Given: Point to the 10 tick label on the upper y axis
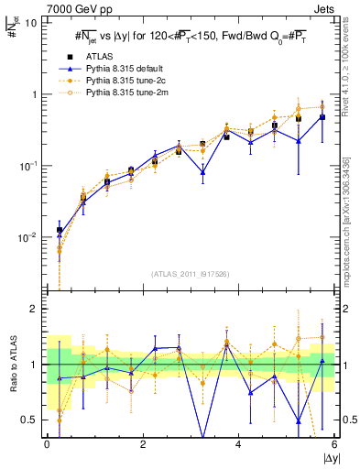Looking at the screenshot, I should click(31, 23).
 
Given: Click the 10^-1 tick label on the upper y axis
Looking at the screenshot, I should click(29, 166).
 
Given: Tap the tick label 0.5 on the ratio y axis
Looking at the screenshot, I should click(32, 420).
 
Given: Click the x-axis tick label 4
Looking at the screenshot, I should click(239, 444).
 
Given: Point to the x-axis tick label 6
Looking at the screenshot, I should click(334, 444).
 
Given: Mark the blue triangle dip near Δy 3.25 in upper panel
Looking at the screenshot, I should click(202, 172).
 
